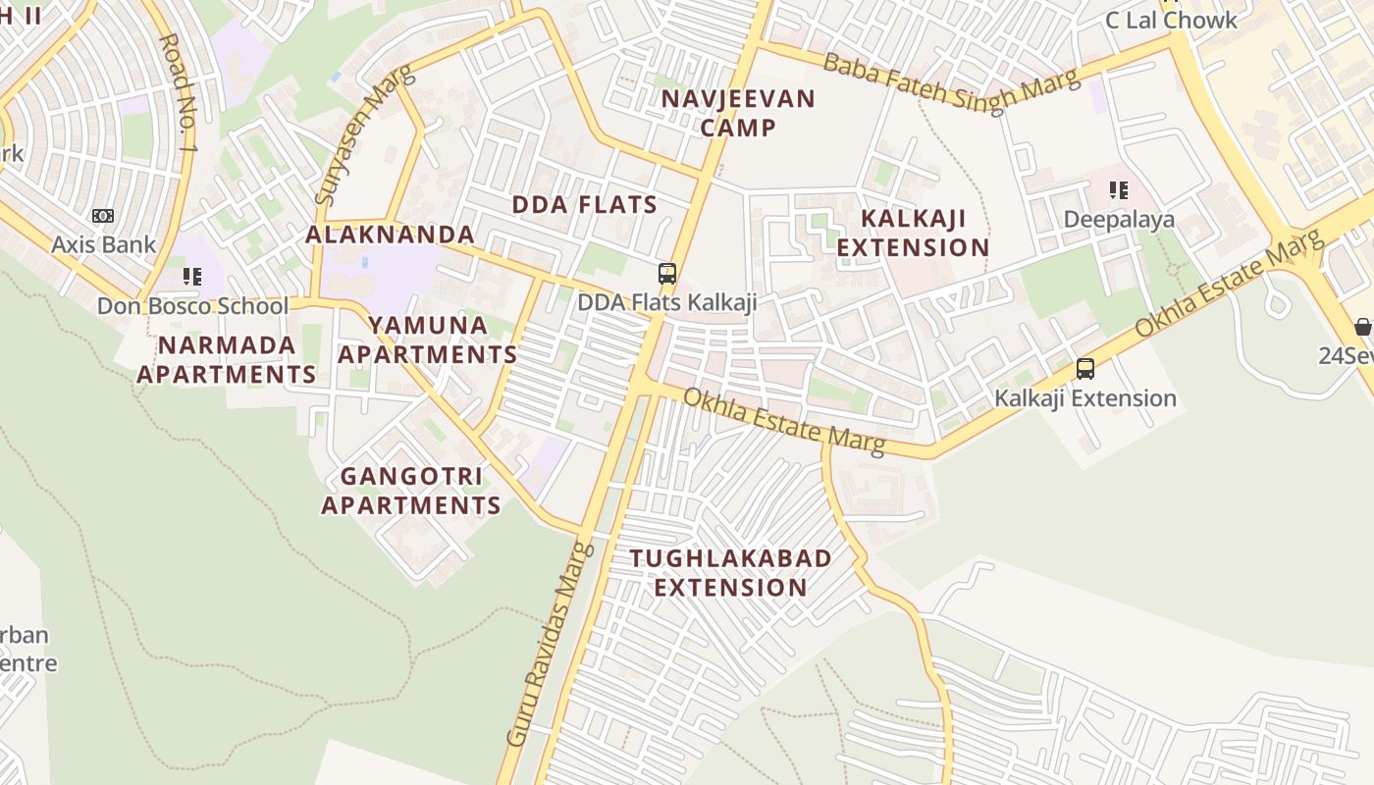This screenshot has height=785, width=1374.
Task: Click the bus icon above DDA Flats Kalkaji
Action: tap(667, 274)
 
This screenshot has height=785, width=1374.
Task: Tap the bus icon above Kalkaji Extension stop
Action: tap(1085, 369)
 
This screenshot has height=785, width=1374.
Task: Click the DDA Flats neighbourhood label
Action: tap(585, 204)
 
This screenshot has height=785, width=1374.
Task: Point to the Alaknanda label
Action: tap(391, 235)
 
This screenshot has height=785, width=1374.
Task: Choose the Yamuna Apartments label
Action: tap(428, 340)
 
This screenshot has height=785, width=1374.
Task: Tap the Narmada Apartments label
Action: tap(227, 359)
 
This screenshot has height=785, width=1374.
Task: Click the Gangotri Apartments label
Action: tap(411, 491)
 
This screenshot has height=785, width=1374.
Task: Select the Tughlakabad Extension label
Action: tap(731, 572)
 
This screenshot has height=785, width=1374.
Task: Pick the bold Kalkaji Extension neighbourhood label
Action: tap(913, 233)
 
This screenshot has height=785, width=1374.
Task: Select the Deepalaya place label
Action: tap(1119, 219)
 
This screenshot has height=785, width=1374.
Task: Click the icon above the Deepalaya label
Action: tap(1118, 190)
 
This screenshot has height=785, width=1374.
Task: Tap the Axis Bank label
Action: tap(104, 244)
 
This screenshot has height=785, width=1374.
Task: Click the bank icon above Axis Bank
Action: tap(103, 216)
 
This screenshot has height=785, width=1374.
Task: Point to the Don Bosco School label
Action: tap(192, 306)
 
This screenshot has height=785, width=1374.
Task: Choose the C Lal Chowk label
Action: tap(1171, 20)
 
